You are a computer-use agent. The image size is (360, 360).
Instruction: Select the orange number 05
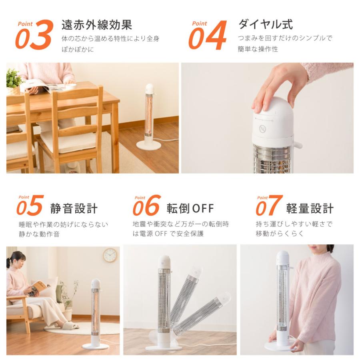point(30,206)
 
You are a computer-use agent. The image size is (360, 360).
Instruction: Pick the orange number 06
point(147,206)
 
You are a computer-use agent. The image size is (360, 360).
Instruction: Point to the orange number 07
point(269,206)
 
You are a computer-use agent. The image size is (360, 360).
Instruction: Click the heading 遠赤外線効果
point(96,24)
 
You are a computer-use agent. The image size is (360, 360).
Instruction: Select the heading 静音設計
point(74,208)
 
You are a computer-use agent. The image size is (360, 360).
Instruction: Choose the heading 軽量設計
point(310,208)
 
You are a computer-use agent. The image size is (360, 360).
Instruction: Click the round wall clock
point(110,255)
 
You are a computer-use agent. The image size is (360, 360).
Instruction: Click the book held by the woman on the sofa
point(39,287)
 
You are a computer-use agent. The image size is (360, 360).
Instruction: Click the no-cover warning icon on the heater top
point(262,129)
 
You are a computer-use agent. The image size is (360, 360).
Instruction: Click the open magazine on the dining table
point(42,85)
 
